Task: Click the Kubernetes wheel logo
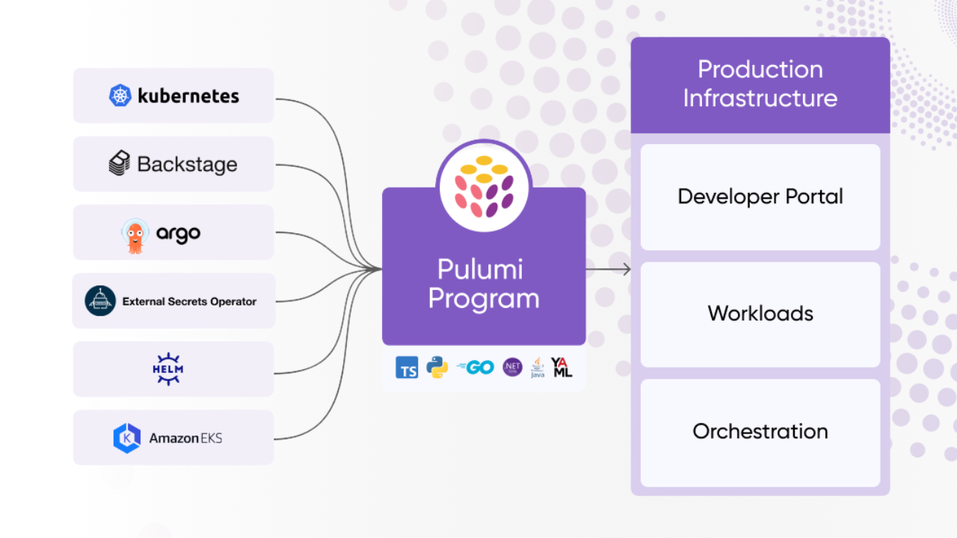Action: click(120, 96)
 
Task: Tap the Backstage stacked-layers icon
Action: click(120, 164)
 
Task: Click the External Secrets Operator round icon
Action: click(100, 301)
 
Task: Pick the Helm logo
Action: click(168, 369)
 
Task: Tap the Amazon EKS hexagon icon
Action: click(126, 438)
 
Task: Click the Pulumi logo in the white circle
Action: click(484, 187)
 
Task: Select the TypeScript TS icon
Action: click(407, 368)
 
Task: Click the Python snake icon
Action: click(437, 367)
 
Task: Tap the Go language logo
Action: click(476, 367)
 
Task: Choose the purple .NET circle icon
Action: click(512, 367)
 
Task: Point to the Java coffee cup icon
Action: click(538, 368)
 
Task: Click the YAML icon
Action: click(561, 367)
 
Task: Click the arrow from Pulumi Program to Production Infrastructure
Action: click(609, 269)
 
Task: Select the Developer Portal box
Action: click(760, 197)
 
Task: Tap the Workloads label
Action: click(760, 313)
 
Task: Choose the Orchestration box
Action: click(760, 432)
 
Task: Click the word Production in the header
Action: click(760, 69)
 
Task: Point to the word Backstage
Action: click(187, 164)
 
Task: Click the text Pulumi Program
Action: click(484, 284)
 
